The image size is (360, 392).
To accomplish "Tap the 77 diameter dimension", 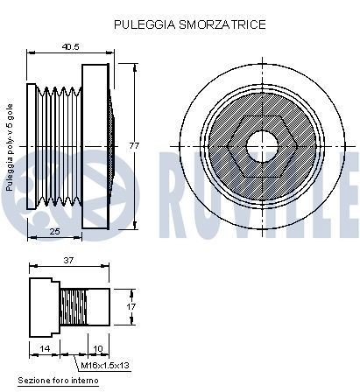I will point(135,145).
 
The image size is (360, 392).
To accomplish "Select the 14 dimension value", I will point(44,348).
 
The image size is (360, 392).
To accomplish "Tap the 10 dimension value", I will point(98,348).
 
